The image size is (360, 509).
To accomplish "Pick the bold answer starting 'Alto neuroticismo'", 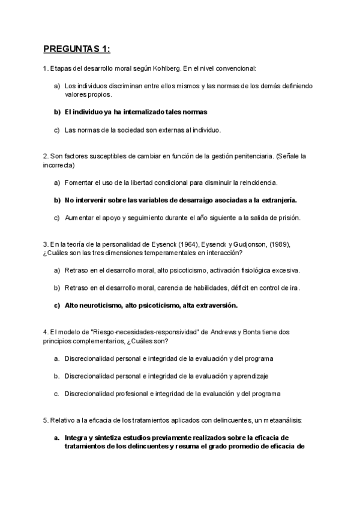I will pos(151,305).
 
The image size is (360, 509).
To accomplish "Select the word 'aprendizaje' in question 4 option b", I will pos(251,376).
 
